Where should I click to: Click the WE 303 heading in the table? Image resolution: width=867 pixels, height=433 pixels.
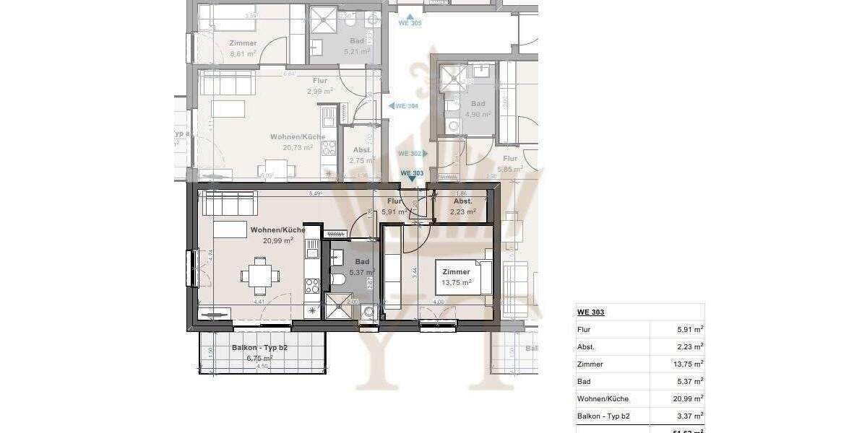point(590,312)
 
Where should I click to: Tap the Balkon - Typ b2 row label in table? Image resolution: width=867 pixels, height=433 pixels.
point(603,416)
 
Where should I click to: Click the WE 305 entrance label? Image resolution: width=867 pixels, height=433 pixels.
point(410,23)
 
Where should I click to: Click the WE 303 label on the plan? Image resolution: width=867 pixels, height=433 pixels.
point(412,173)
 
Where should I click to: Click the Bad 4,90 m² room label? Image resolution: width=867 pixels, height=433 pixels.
point(478,109)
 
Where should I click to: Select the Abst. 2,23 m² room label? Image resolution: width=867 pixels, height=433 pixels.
point(462,206)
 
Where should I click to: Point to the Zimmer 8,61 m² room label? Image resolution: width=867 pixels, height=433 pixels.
point(243,48)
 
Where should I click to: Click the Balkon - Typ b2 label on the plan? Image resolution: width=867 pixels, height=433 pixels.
point(252,352)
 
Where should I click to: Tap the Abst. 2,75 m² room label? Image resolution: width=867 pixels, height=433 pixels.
point(361,156)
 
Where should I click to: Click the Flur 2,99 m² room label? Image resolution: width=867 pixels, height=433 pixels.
point(319,86)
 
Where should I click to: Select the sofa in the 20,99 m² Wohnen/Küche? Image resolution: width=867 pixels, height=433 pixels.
point(230,204)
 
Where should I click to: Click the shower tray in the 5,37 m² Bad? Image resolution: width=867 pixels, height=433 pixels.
point(340,307)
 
